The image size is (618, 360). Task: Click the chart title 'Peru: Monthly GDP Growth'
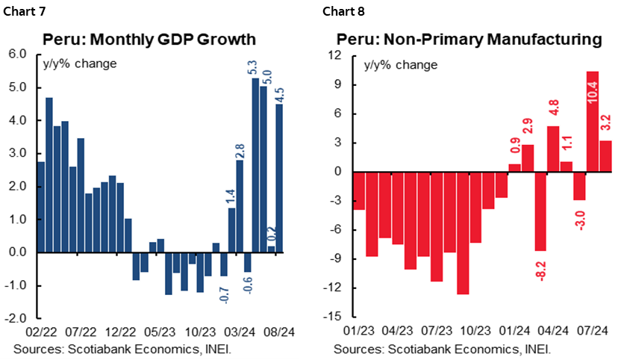point(149,40)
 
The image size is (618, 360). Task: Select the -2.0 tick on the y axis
point(16,318)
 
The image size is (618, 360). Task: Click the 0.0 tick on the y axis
point(18,252)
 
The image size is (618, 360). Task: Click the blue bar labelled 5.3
point(255,164)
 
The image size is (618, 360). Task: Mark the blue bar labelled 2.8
point(240,206)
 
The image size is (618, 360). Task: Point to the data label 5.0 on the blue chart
point(266,75)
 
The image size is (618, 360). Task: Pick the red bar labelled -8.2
point(540,213)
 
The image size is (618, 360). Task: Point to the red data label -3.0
point(580,220)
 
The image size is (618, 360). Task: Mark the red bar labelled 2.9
point(527,158)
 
